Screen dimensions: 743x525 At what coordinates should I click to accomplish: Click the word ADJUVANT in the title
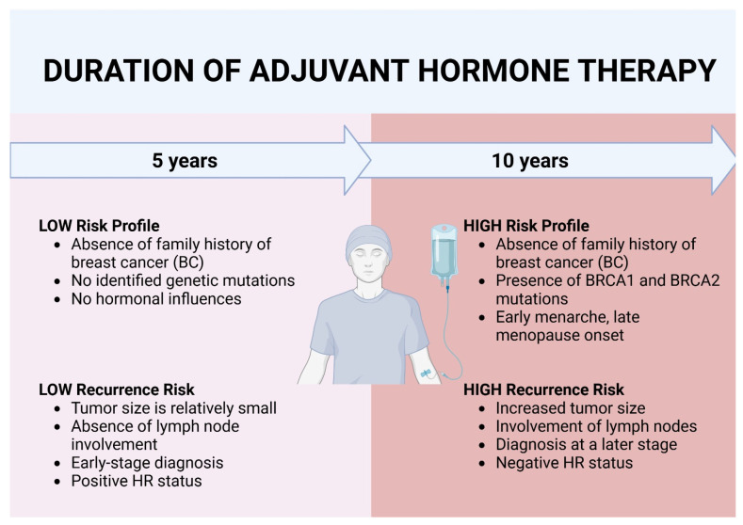329,71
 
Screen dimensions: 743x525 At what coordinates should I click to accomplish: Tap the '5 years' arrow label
185,161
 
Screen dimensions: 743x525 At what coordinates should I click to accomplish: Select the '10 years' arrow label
530,161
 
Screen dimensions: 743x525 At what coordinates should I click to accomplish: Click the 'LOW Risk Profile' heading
99,226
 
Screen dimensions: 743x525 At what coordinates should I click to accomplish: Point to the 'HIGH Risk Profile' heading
526,226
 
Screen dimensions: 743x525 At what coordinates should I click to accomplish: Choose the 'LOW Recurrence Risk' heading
117,390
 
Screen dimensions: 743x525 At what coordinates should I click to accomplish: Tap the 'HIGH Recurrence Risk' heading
543,390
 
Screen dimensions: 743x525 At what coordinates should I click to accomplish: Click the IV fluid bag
444,253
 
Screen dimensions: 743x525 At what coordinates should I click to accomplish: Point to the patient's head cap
368,240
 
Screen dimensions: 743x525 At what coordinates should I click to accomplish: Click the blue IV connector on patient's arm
426,374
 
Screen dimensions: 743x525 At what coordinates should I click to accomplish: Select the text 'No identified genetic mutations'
183,280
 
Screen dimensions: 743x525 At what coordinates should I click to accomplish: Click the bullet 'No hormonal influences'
156,299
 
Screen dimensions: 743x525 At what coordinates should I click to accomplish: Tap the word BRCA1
610,280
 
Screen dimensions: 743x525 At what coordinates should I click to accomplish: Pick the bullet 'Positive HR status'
137,481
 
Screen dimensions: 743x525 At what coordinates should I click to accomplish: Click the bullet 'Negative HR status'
564,463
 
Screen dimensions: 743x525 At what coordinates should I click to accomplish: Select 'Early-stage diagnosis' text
147,463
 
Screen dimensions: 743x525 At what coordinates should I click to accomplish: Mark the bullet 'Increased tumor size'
571,408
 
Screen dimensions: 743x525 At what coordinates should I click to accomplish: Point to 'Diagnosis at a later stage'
586,445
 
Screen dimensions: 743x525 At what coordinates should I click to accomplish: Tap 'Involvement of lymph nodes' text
596,426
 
